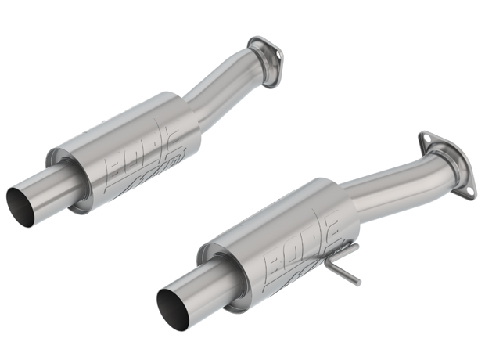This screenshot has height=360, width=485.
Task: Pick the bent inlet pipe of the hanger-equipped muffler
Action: [x=391, y=180]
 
